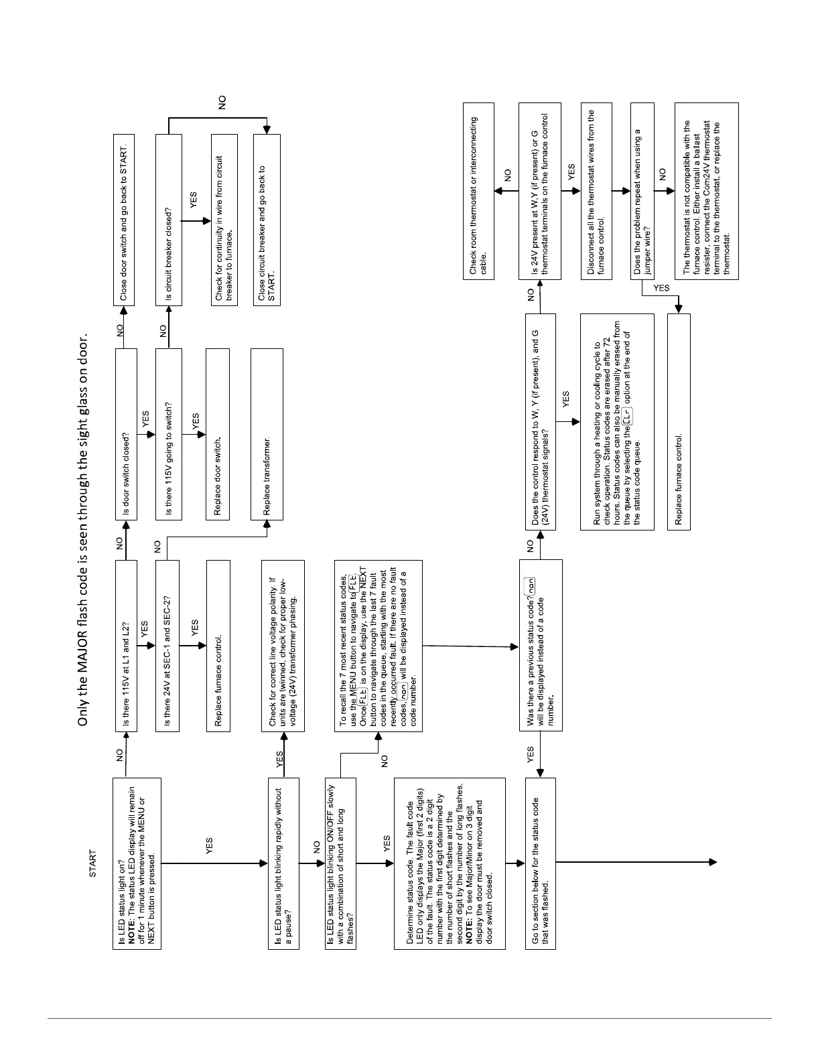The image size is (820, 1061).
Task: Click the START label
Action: [92, 864]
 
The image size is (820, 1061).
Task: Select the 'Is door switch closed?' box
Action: [126, 434]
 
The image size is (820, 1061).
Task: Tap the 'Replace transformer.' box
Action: [267, 434]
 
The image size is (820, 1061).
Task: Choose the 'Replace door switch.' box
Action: [218, 434]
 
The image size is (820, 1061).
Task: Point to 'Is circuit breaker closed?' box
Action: [168, 220]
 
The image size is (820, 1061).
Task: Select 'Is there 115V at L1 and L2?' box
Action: [126, 646]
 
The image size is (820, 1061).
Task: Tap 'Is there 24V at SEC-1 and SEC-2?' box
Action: [167, 646]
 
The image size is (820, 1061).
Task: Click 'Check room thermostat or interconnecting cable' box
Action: [479, 191]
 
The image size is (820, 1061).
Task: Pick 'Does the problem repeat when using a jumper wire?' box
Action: [642, 191]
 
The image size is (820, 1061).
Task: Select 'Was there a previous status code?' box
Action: [541, 645]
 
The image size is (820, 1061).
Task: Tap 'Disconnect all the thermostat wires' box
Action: [596, 191]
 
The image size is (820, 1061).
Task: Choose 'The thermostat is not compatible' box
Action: [706, 191]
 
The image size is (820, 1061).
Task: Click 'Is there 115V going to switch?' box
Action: [168, 434]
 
